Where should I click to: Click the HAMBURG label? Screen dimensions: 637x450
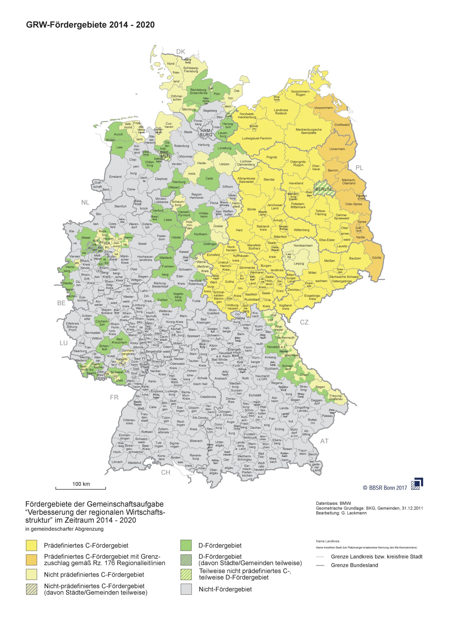206,133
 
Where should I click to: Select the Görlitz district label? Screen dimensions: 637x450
376,258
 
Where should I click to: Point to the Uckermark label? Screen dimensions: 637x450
337,149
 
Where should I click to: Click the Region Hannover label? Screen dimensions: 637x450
197,196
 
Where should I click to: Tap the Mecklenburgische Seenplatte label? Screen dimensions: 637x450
308,131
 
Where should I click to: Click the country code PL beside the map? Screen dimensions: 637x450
359,168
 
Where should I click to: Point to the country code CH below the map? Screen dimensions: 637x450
166,473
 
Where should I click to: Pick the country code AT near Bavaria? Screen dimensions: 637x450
324,441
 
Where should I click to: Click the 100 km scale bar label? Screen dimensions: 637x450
81,484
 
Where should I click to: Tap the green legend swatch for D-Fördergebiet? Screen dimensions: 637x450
186,545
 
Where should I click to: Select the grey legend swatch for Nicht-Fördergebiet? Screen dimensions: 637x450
186,589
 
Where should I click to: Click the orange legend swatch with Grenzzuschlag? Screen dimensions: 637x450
31,560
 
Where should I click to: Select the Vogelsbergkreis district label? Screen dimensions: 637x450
178,297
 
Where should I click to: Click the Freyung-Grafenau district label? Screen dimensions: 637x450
336,398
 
